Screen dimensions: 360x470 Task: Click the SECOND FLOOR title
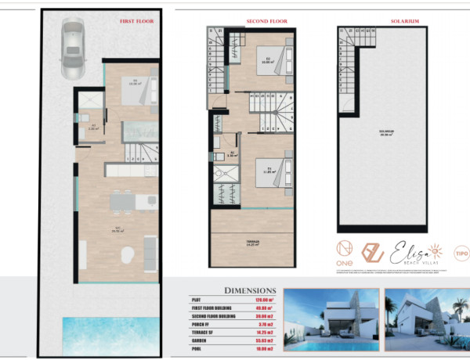[250, 21]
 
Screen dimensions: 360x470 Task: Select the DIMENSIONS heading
[250, 289]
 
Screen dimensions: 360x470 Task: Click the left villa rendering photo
[330, 320]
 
